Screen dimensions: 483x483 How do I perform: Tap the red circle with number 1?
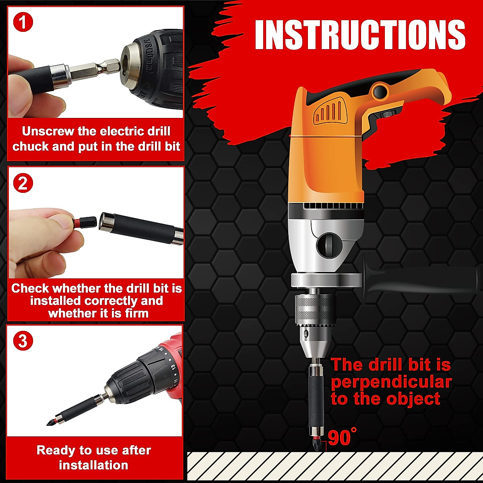pyautogui.click(x=23, y=22)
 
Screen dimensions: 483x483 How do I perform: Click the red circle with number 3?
pyautogui.click(x=23, y=341)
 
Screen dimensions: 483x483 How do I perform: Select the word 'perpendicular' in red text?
pyautogui.click(x=391, y=382)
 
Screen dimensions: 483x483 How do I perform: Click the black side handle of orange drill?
pyautogui.click(x=419, y=278)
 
